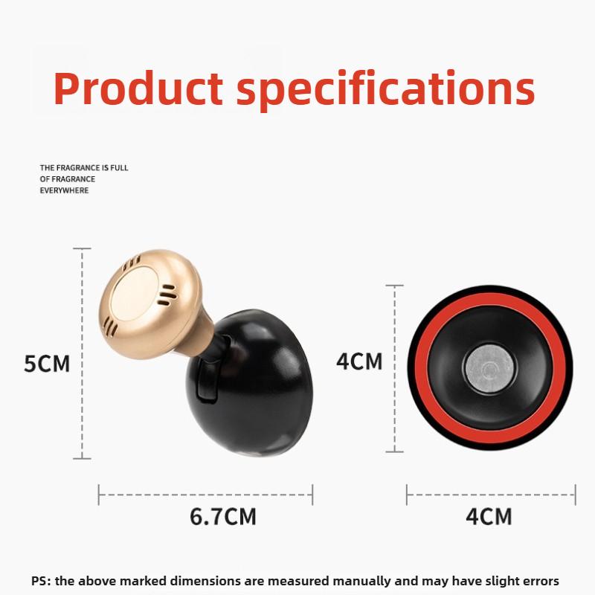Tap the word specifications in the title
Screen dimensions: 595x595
(386, 90)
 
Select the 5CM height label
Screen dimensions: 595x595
(46, 364)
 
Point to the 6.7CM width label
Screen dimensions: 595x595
(222, 517)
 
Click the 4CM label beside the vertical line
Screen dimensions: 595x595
(359, 361)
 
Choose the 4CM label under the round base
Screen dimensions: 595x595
(489, 516)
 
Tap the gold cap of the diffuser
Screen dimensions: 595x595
(149, 301)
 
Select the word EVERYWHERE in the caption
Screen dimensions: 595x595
(65, 190)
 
